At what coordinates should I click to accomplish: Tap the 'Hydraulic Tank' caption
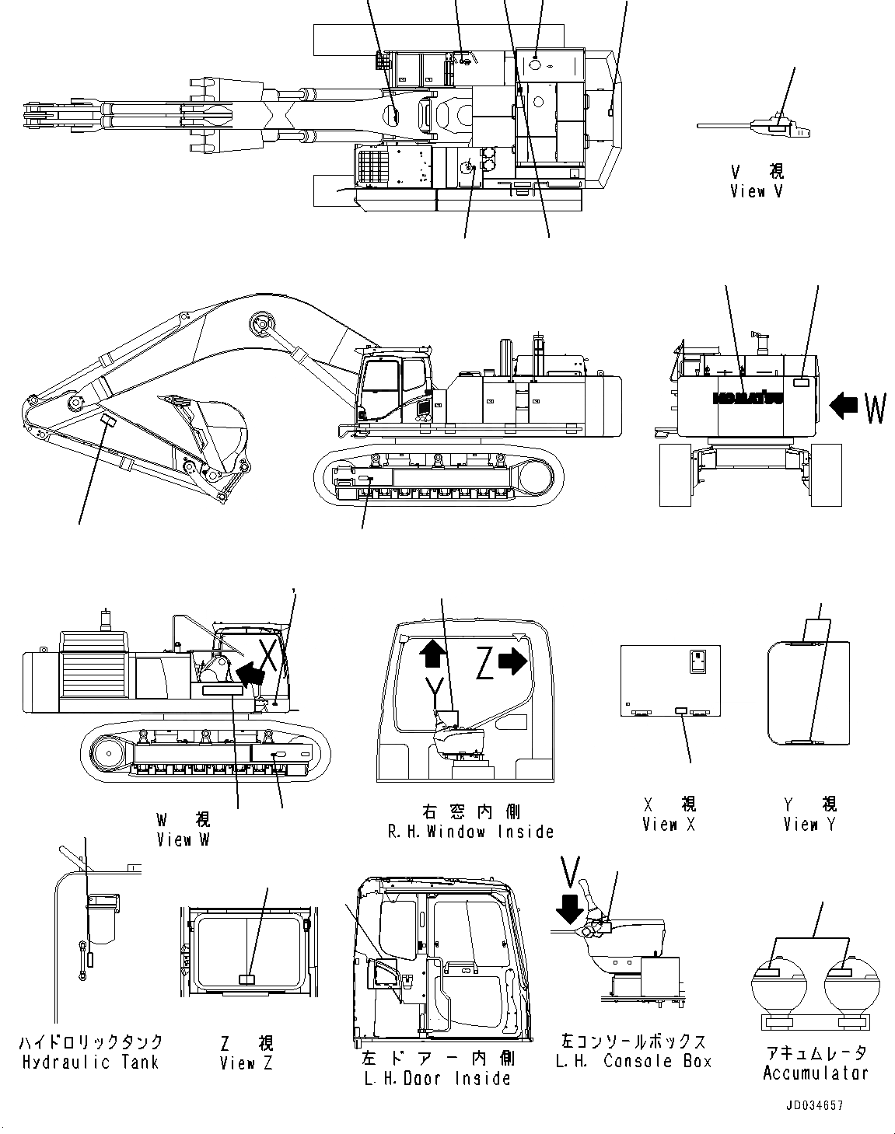coord(90,1062)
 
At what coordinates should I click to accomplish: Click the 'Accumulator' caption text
coord(815,1073)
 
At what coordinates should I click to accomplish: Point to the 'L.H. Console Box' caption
coord(634,1062)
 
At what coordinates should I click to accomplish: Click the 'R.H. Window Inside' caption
coord(470,832)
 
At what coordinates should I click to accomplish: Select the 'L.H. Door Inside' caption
coord(436,1078)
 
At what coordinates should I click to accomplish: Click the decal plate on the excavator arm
coord(108,420)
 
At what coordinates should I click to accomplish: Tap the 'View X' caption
coord(670,825)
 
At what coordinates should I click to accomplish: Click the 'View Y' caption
coord(809,825)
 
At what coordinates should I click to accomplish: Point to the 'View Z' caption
coord(246,1063)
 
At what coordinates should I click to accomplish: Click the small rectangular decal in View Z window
coord(246,980)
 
